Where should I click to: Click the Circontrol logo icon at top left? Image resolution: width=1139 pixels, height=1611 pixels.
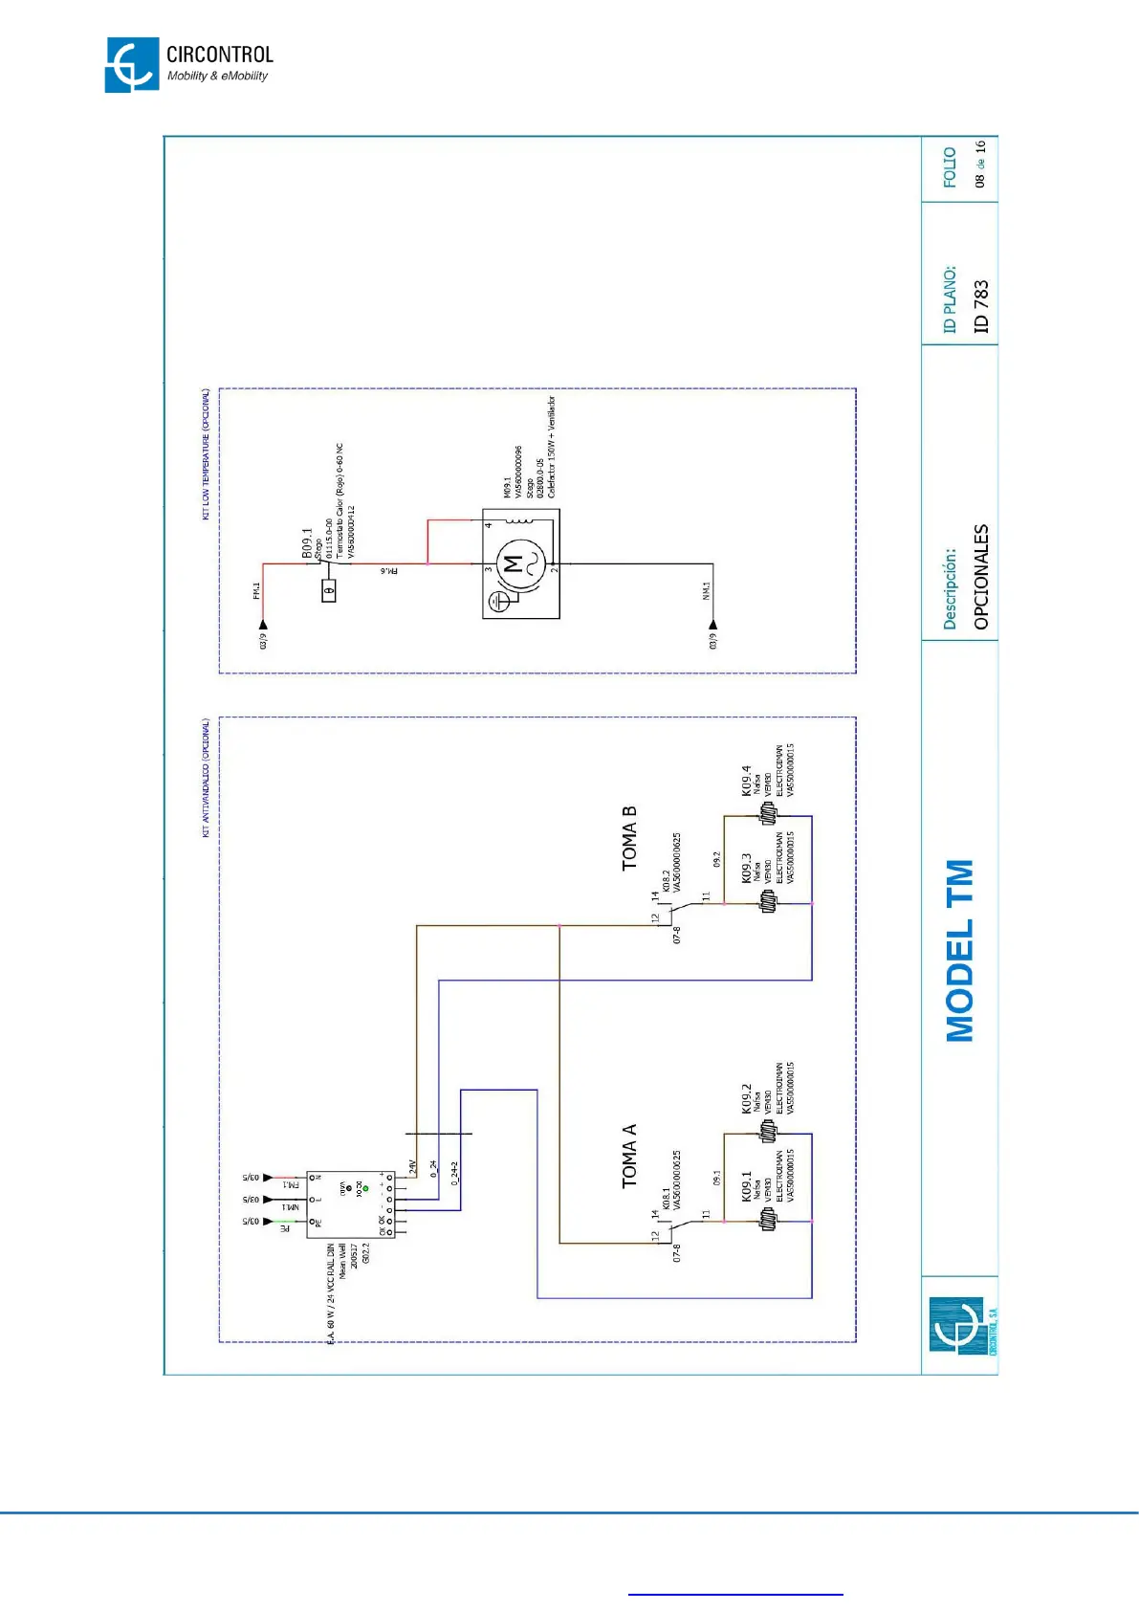[132, 65]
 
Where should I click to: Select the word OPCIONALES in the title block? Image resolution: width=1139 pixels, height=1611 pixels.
[980, 577]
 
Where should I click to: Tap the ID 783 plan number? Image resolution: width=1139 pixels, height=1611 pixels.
[980, 306]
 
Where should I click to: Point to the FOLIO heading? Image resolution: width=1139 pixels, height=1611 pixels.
[950, 167]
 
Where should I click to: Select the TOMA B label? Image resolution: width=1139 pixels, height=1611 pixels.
[628, 839]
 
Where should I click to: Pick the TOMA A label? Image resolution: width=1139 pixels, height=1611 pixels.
[628, 1156]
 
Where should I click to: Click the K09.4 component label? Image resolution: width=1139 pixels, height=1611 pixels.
[746, 781]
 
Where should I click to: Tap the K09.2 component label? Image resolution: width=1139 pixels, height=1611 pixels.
[746, 1098]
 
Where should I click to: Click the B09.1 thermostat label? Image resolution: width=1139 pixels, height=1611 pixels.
[307, 542]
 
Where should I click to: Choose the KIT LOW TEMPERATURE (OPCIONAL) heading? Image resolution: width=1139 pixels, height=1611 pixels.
[206, 454]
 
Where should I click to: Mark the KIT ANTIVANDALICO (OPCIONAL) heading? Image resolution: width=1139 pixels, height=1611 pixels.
[206, 779]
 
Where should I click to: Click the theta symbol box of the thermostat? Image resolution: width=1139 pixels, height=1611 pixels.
[329, 591]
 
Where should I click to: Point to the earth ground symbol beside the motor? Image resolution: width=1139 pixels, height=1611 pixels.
[498, 602]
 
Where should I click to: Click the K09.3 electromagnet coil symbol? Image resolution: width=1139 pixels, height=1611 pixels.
[768, 901]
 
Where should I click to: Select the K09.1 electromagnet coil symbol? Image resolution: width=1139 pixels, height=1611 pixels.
[768, 1220]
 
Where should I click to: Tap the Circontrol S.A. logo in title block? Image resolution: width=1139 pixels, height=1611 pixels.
[959, 1326]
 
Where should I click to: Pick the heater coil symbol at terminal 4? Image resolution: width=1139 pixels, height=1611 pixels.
[519, 521]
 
